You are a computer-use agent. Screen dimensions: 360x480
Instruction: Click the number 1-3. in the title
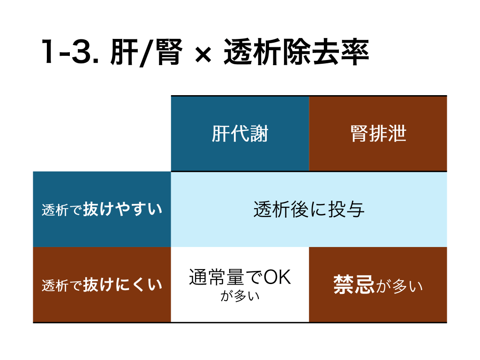(x=70, y=52)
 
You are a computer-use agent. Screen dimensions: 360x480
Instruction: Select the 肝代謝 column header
(x=240, y=134)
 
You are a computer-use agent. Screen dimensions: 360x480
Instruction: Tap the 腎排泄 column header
(x=378, y=134)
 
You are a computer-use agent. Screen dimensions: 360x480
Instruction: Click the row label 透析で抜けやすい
(x=102, y=210)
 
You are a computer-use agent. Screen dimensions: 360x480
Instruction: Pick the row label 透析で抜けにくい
(x=102, y=285)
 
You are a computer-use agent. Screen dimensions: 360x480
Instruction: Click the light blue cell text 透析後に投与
(x=308, y=210)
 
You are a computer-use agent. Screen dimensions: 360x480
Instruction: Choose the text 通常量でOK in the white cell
(x=240, y=278)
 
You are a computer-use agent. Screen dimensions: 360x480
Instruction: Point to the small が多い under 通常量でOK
(x=240, y=296)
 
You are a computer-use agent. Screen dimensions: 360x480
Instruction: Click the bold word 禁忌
(x=354, y=285)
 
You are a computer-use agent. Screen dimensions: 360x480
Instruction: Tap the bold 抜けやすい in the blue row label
(x=123, y=209)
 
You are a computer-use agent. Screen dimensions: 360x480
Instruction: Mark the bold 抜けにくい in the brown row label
(x=123, y=285)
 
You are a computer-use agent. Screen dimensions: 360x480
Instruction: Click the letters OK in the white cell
(x=277, y=278)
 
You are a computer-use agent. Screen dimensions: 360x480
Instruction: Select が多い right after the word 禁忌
(x=399, y=285)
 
